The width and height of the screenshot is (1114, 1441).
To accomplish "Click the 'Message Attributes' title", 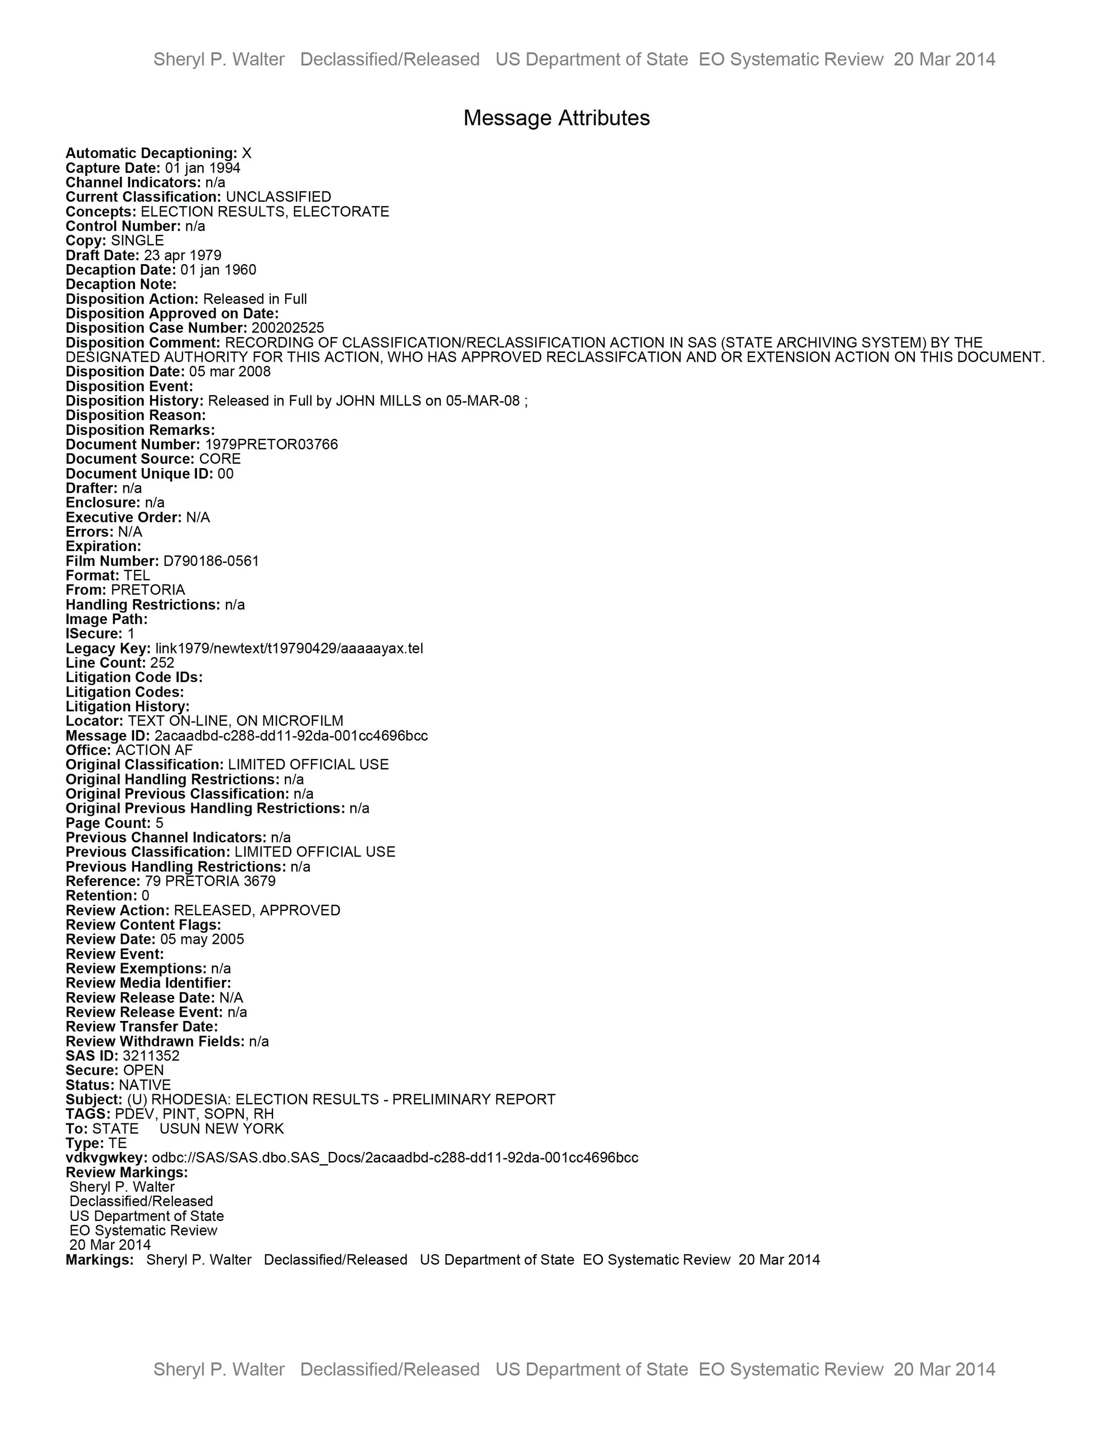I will [557, 118].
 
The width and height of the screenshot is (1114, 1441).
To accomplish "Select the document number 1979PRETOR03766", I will [271, 445].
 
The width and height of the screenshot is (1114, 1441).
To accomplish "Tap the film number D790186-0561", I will [211, 561].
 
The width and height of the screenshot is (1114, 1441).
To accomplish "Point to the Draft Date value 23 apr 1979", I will [183, 255].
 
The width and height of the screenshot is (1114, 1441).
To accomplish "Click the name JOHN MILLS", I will [378, 401].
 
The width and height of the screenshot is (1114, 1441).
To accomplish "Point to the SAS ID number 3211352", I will [151, 1056].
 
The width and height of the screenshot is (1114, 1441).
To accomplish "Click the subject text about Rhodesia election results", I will [341, 1099].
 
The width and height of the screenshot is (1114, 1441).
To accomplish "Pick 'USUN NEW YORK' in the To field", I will [222, 1128].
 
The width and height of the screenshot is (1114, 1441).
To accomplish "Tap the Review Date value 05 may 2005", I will [202, 939].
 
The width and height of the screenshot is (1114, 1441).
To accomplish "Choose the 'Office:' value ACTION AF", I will [154, 750].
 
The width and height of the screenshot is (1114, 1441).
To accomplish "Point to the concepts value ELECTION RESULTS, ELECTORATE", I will [265, 212].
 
